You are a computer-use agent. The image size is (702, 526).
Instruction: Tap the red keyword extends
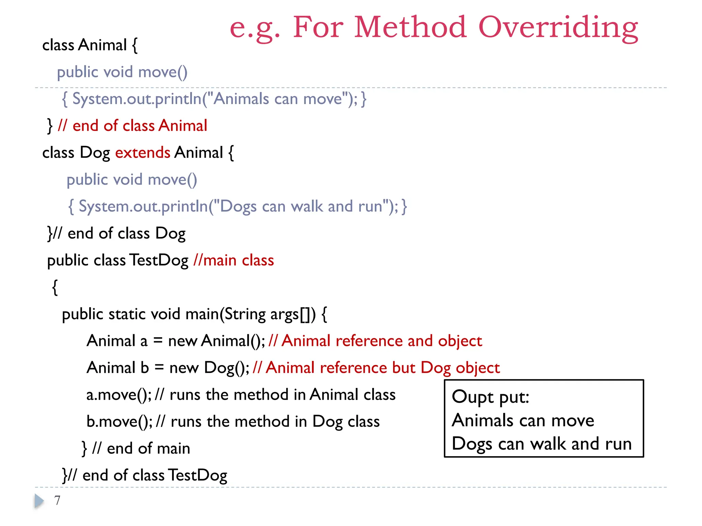point(143,153)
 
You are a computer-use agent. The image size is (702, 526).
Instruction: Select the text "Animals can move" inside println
point(278,99)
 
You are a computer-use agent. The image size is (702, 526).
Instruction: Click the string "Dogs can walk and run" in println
point(301,207)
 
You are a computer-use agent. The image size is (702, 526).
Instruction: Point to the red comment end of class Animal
point(133,126)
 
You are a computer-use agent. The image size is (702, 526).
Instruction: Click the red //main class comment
point(233,261)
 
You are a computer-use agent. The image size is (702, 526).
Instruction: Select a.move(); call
point(119,395)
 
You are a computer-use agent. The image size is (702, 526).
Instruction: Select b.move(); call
point(119,422)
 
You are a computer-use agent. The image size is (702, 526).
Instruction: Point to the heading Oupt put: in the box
point(490,397)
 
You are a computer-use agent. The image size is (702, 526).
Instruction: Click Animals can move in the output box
point(523,421)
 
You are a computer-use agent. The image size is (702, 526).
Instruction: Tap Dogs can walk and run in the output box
point(542,444)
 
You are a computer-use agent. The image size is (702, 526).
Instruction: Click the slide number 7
point(57,501)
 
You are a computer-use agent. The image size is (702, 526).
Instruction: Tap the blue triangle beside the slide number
point(39,501)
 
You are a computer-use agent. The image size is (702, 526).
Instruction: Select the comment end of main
point(141,449)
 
